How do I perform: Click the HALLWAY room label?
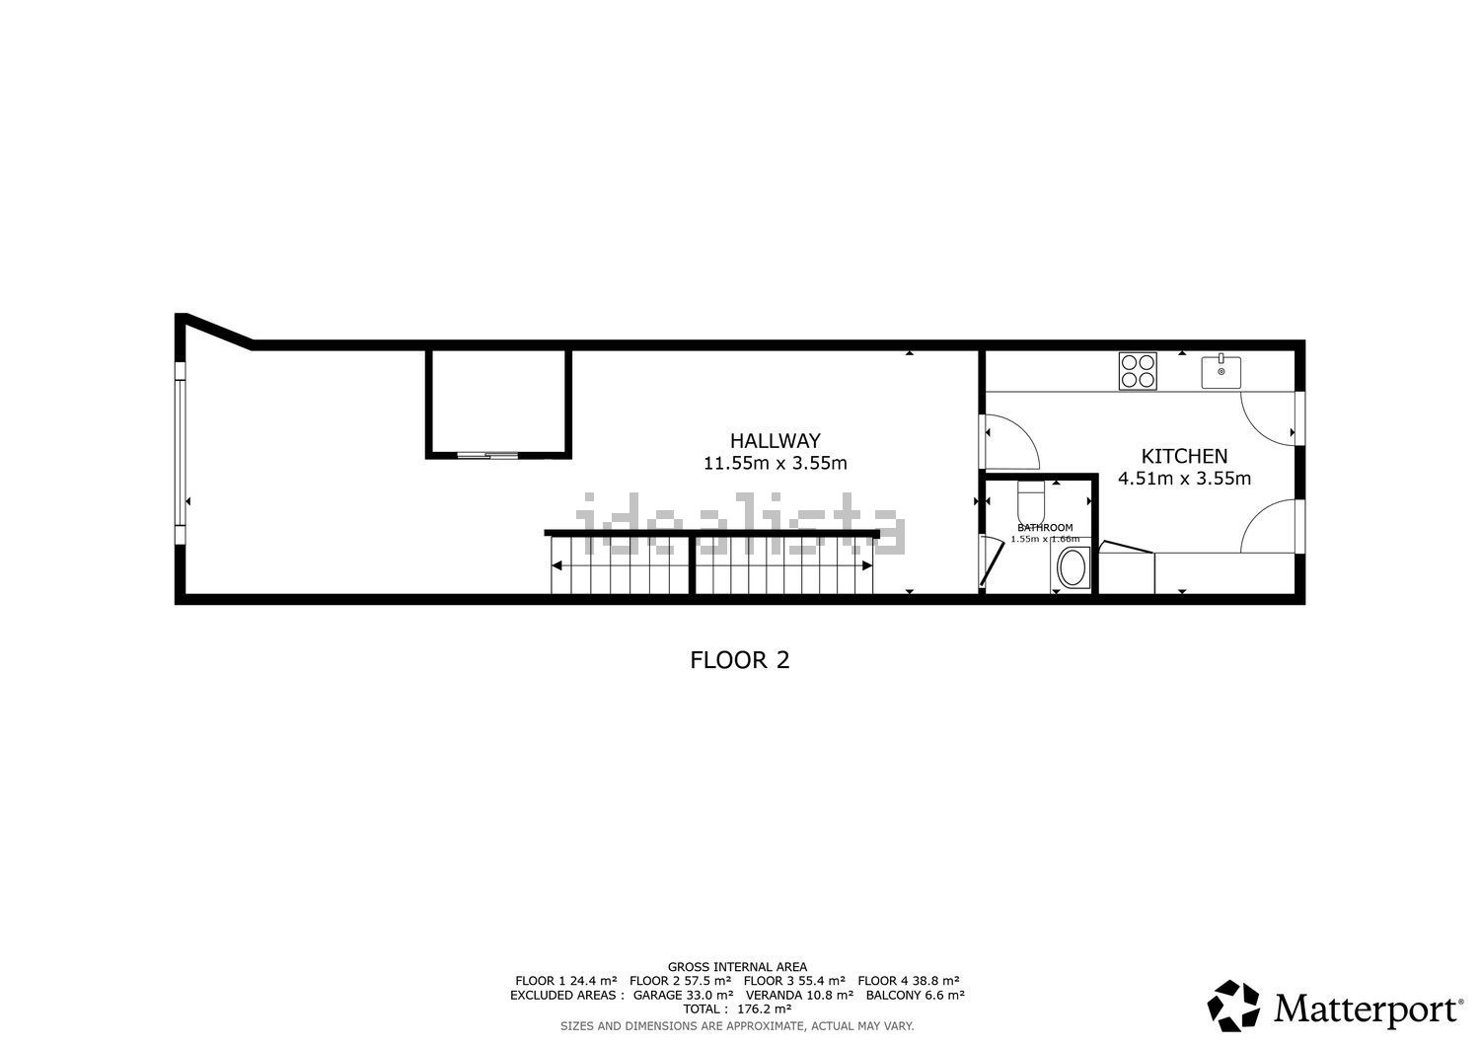775,441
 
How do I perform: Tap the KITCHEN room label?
1184,456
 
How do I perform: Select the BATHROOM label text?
1045,528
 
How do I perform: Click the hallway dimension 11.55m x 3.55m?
775,464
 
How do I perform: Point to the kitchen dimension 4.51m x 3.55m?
1184,479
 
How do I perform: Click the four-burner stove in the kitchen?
1138,371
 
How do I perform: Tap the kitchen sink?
1221,372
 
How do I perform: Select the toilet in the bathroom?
1031,501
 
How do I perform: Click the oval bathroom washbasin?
1071,567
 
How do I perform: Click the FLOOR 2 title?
740,659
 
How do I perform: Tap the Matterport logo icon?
1233,1006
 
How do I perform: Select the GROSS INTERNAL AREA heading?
737,967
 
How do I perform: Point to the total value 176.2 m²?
765,1009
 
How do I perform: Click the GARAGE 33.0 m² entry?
683,995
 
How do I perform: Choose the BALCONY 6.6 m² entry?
915,995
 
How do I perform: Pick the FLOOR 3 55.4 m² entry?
794,981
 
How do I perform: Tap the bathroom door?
991,561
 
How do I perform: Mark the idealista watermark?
740,523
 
